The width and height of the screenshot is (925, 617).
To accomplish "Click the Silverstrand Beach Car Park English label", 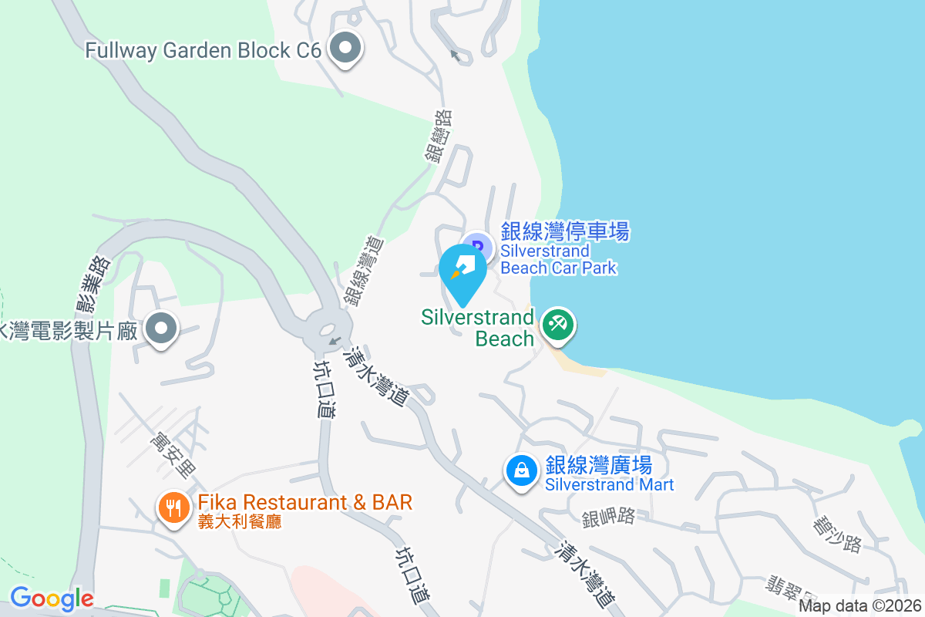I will click(x=559, y=260).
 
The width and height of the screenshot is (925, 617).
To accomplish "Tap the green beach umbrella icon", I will click(x=557, y=324).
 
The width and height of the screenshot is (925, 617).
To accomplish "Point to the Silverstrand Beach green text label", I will click(x=478, y=328).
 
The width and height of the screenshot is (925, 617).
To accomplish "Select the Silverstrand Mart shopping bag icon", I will click(x=522, y=470).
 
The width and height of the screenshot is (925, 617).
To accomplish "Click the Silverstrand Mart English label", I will click(x=610, y=485).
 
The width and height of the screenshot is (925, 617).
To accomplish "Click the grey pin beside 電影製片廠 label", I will click(x=161, y=329).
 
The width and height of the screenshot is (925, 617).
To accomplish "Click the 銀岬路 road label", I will click(x=608, y=518).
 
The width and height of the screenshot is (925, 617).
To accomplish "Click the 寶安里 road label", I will click(x=174, y=453).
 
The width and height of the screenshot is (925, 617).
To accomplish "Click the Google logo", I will click(x=51, y=598).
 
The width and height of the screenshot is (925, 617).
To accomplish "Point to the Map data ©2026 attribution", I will click(x=859, y=606).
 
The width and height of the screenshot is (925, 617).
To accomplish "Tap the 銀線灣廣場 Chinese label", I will click(x=599, y=465).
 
